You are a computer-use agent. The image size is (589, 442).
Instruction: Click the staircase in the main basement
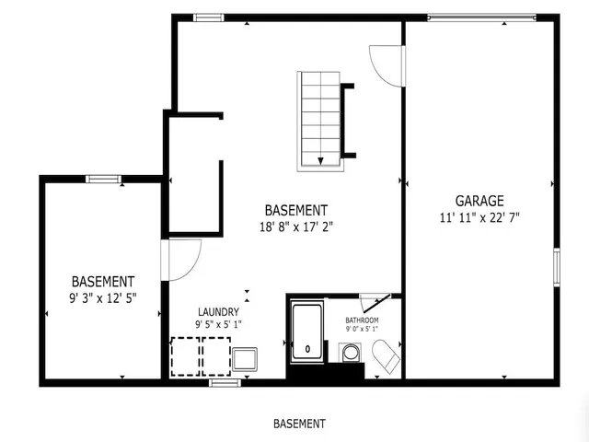[x=319, y=120]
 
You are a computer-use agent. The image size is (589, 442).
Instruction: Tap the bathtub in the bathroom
[x=307, y=334]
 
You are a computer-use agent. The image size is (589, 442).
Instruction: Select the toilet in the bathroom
[x=385, y=355]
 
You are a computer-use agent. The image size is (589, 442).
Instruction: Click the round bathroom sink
[x=350, y=352]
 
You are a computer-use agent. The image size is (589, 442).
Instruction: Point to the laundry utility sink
[x=246, y=358]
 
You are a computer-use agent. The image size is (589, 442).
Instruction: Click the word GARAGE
[x=479, y=201]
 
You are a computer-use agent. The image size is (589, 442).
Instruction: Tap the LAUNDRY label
[x=218, y=312]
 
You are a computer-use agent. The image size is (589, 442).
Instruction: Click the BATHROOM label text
[x=362, y=320]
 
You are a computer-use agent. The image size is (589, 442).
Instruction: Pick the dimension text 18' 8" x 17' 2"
[x=295, y=227]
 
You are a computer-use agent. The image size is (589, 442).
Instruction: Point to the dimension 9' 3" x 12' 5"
[x=104, y=297]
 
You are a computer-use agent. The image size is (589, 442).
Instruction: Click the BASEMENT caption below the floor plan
[x=299, y=425]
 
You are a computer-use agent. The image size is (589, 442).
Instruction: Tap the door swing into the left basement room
[x=180, y=259]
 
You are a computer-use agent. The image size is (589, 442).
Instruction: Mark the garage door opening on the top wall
[x=482, y=16]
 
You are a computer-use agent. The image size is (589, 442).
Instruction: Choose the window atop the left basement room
[x=102, y=179]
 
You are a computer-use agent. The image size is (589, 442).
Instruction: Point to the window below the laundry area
[x=220, y=381]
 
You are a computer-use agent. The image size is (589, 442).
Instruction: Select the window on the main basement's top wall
[x=209, y=17]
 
